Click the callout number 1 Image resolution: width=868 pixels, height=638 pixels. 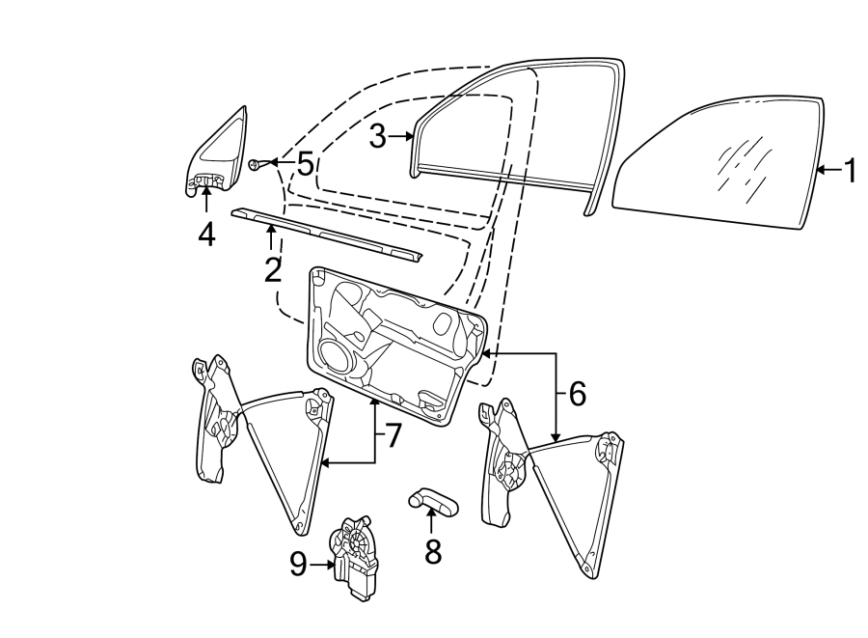pos(849,170)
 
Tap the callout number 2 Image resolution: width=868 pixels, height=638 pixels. pos(272,269)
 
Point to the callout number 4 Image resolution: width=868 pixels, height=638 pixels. pos(206,235)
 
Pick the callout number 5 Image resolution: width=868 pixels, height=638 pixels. pos(306,164)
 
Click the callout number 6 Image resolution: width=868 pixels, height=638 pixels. pos(577,394)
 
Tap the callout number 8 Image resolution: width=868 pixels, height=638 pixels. pos(433,551)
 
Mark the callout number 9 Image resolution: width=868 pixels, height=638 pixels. pos(298,565)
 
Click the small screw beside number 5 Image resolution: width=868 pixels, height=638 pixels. pos(255,164)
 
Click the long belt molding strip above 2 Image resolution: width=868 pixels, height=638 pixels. pos(327,234)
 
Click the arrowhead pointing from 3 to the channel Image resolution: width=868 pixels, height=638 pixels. pos(410,136)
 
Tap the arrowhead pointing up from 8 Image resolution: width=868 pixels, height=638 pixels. pos(431,510)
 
